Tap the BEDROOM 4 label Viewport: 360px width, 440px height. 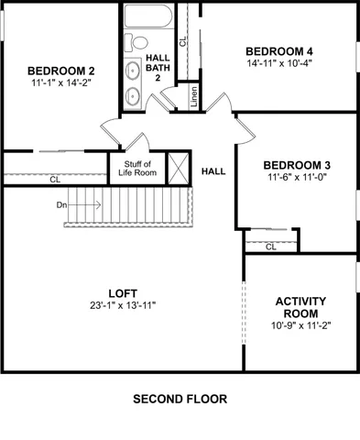click(x=278, y=50)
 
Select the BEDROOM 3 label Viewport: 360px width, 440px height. click(x=299, y=165)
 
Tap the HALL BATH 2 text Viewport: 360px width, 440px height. click(x=157, y=69)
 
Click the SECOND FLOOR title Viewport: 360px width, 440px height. click(x=180, y=400)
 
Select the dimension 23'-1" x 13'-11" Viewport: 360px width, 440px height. click(x=122, y=306)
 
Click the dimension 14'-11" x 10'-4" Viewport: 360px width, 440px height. click(x=278, y=63)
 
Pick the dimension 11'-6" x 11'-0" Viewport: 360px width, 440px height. click(x=299, y=177)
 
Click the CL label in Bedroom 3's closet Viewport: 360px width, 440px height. click(x=270, y=247)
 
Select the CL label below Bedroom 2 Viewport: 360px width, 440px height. click(x=55, y=180)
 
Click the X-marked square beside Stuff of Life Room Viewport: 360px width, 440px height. click(x=180, y=168)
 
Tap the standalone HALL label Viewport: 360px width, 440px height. click(x=213, y=170)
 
